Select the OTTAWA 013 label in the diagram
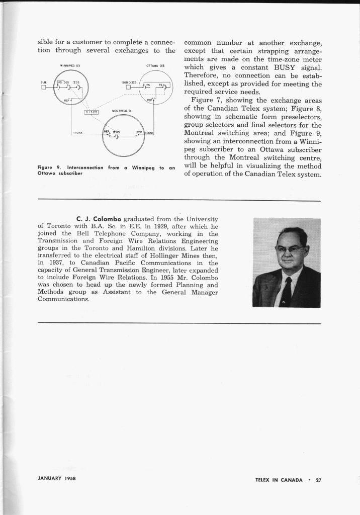(x=152, y=65)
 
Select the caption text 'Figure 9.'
(x=50, y=167)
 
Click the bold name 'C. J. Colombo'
(x=99, y=219)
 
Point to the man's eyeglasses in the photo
(x=289, y=248)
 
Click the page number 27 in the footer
(x=318, y=479)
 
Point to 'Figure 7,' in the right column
(x=207, y=100)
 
